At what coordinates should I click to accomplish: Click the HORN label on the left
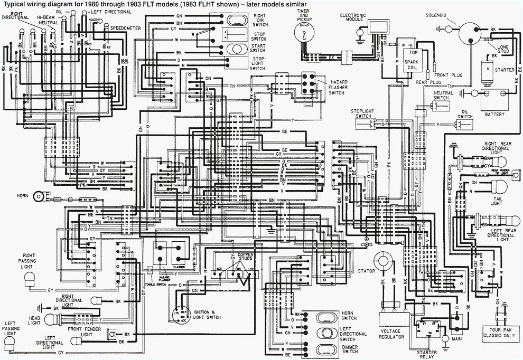point(22,195)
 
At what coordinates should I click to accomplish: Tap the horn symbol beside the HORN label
point(38,196)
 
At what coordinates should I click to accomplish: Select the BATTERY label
point(495,114)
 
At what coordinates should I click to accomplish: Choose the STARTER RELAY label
point(427,355)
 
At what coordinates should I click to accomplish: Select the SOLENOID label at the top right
point(437,15)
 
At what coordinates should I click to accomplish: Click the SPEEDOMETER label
point(125,27)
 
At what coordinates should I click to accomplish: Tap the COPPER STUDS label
point(245,257)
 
